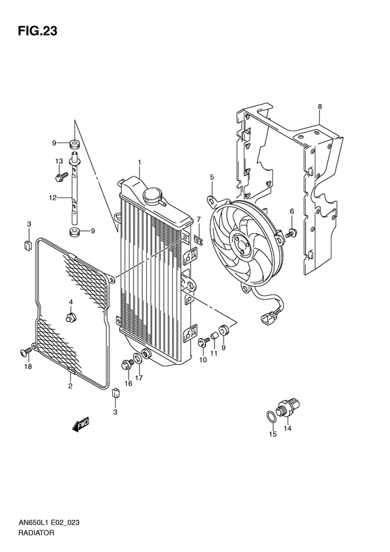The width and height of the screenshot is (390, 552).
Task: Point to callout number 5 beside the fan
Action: [211, 178]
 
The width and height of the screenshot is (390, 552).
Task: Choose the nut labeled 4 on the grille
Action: [70, 318]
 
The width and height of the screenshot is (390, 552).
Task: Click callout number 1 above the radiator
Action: [139, 163]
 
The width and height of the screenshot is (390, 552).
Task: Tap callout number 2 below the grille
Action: [70, 384]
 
